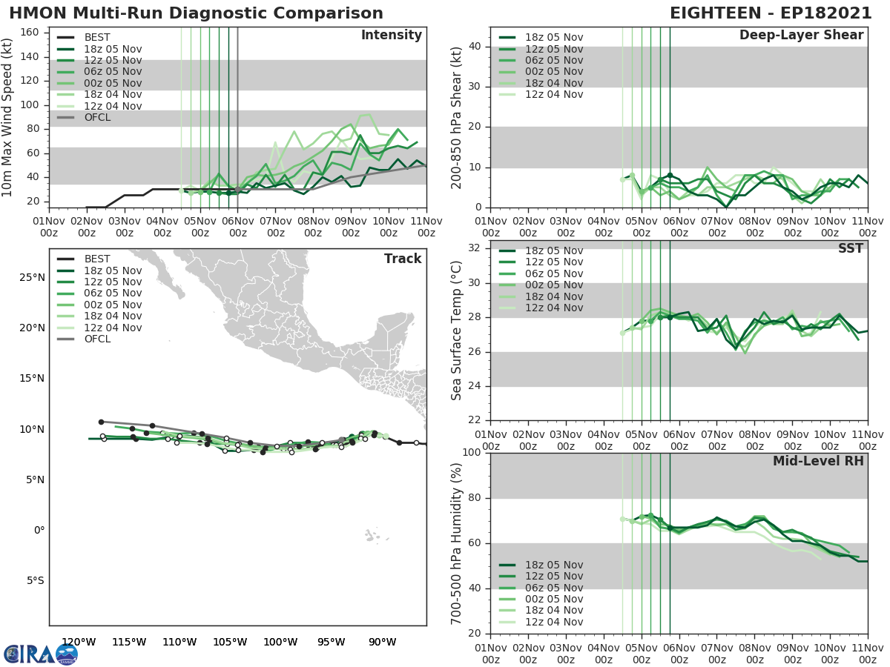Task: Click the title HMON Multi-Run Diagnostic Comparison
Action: [x=196, y=13]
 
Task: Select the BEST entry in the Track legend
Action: [x=97, y=259]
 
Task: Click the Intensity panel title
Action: [x=391, y=36]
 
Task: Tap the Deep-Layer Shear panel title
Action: [x=801, y=36]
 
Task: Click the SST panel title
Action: [x=851, y=248]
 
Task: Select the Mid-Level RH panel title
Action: [x=818, y=461]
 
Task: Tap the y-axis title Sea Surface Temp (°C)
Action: [x=457, y=331]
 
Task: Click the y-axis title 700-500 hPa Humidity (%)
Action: [x=457, y=543]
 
